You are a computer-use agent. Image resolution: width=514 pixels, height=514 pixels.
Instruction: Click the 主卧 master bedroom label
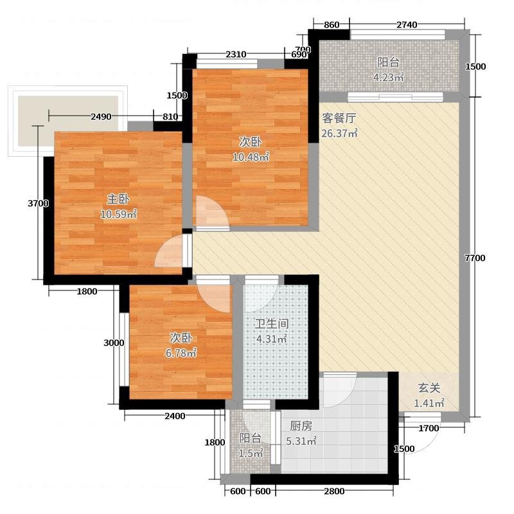pyautogui.click(x=118, y=199)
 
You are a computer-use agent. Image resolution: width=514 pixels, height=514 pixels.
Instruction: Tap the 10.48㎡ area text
pyautogui.click(x=251, y=157)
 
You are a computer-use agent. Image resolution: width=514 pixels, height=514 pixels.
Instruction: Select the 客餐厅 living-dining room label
pyautogui.click(x=339, y=118)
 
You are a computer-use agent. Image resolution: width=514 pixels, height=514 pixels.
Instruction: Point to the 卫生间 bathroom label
pyautogui.click(x=272, y=324)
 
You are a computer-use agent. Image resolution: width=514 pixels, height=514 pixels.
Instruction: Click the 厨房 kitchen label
pyautogui.click(x=301, y=426)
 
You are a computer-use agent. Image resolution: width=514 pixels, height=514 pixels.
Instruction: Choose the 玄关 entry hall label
pyautogui.click(x=429, y=388)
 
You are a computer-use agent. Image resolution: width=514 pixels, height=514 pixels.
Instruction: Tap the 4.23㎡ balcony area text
pyautogui.click(x=389, y=77)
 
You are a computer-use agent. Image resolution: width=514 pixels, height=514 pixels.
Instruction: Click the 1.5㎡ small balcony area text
pyautogui.click(x=251, y=454)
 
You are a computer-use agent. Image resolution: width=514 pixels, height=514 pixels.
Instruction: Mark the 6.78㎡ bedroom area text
pyautogui.click(x=181, y=353)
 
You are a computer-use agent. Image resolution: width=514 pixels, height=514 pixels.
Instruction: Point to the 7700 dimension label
pyautogui.click(x=475, y=258)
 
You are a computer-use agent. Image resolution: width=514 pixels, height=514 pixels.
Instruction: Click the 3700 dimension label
pyautogui.click(x=39, y=203)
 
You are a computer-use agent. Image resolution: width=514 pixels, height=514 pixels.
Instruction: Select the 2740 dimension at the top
pyautogui.click(x=407, y=24)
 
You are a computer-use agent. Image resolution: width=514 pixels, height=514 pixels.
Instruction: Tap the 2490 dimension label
pyautogui.click(x=101, y=116)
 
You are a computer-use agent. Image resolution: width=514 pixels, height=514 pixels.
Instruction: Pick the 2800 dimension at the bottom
pyautogui.click(x=334, y=491)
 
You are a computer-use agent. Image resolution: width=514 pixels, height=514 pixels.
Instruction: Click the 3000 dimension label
pyautogui.click(x=114, y=343)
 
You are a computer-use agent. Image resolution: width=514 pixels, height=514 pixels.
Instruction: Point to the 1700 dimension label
pyautogui.click(x=429, y=428)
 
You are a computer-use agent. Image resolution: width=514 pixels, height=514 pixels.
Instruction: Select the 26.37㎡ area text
pyautogui.click(x=339, y=134)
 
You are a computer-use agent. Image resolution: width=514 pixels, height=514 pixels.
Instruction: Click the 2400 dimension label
pyautogui.click(x=175, y=416)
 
